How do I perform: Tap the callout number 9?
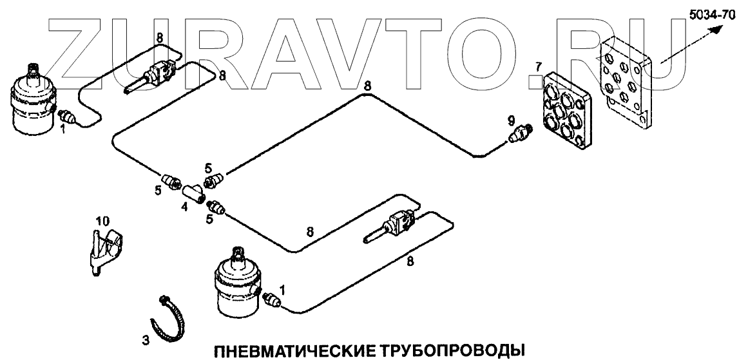point(510,120)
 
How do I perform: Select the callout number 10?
point(102,222)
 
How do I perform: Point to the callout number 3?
point(145,339)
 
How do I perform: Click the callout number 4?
point(184,207)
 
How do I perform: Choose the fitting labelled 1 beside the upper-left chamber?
point(66,118)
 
